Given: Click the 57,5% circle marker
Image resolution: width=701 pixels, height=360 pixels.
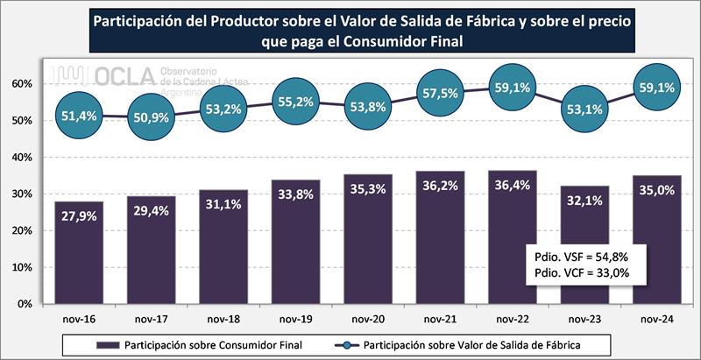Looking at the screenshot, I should pyautogui.click(x=439, y=92).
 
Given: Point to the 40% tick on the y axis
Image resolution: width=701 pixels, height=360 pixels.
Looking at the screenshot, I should pyautogui.click(x=21, y=158).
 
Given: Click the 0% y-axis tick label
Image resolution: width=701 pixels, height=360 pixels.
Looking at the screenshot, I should pyautogui.click(x=25, y=304).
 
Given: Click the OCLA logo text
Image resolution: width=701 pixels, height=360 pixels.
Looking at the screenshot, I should pyautogui.click(x=123, y=76).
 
